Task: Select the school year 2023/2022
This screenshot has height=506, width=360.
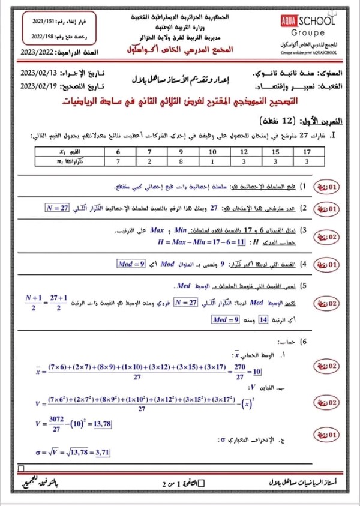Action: click(37, 53)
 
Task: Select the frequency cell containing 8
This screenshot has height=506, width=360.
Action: click(180, 161)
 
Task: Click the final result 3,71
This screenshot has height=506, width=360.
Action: click(101, 453)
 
